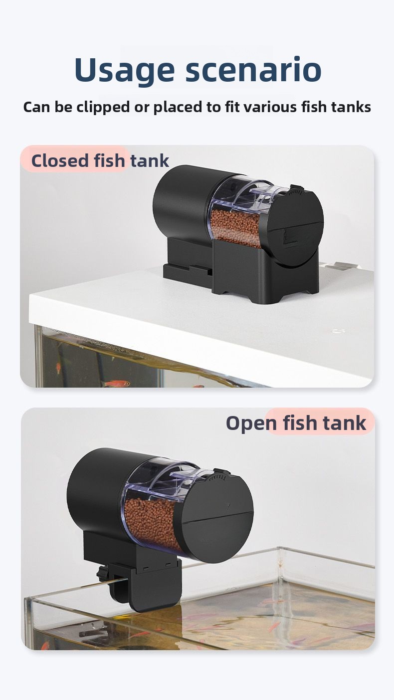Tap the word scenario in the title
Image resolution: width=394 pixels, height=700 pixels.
(x=253, y=69)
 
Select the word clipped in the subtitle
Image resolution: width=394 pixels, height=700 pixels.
(x=103, y=108)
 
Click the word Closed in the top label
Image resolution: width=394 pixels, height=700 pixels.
(x=60, y=160)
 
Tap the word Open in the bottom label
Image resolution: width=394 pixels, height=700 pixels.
(x=251, y=423)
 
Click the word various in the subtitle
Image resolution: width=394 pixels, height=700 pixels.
(x=270, y=107)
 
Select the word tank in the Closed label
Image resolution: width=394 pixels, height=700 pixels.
(x=150, y=160)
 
